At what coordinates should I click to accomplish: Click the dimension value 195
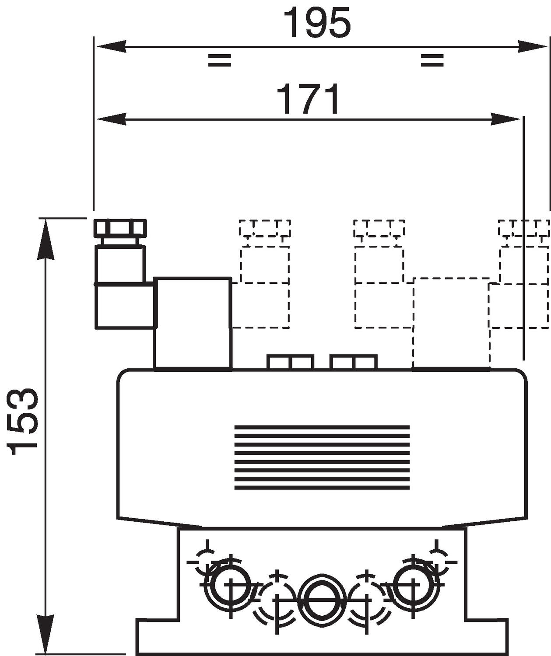pos(317,23)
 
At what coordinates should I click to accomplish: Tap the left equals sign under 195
pos(219,60)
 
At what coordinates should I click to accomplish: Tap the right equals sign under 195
pos(432,60)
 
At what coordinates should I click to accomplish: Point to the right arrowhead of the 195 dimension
pos(532,46)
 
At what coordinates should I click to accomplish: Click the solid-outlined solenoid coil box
pos(193,323)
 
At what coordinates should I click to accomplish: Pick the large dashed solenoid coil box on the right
pos(451,323)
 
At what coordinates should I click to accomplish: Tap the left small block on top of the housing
pos(290,362)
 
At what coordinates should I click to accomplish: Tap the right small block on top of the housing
pos(354,362)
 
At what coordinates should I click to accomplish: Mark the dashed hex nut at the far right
pos(523,228)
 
